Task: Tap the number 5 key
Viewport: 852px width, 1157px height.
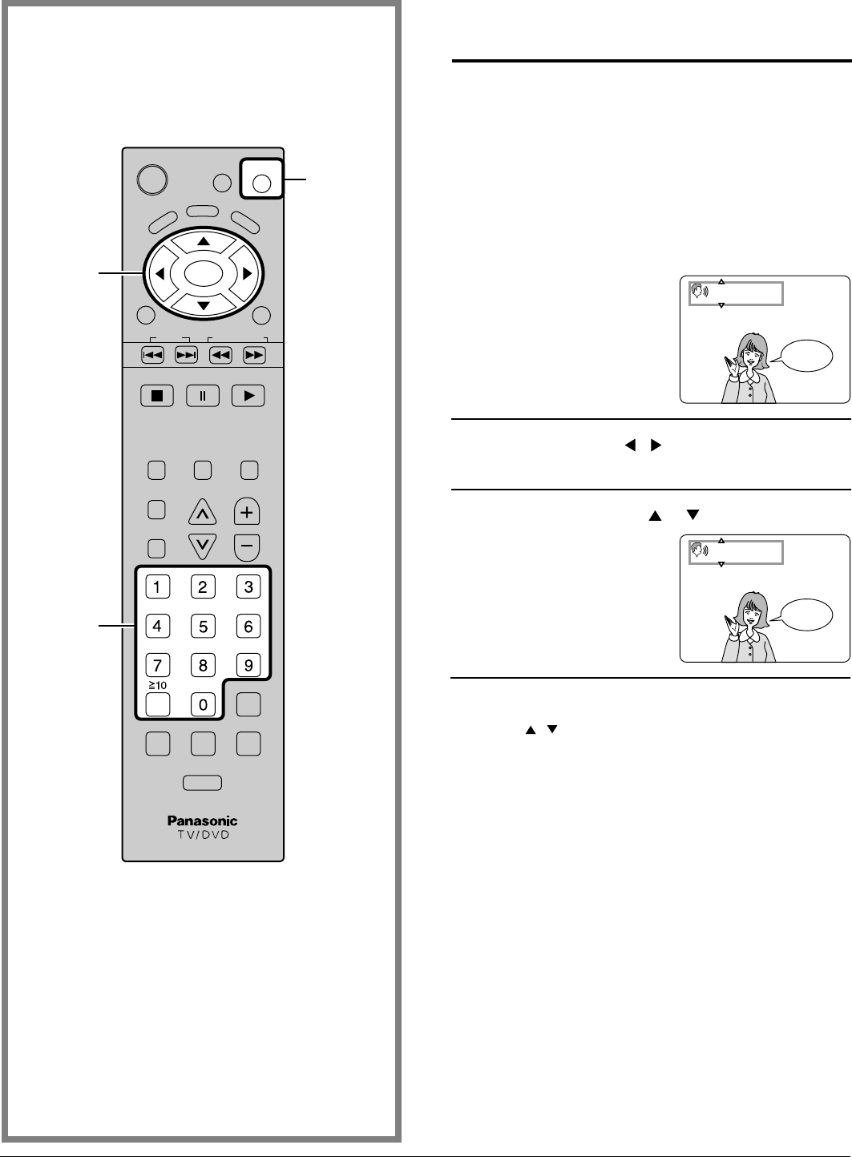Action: click(x=203, y=626)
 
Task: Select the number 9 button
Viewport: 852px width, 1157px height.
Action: click(x=248, y=664)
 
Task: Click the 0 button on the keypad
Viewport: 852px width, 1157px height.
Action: click(x=203, y=704)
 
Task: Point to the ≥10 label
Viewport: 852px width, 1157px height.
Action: click(x=156, y=686)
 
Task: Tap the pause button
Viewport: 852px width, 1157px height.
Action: click(x=203, y=396)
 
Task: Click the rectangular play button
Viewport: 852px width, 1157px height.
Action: click(x=248, y=396)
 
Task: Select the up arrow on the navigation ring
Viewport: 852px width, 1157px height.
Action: click(x=204, y=241)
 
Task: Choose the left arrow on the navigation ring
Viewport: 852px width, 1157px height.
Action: click(x=159, y=274)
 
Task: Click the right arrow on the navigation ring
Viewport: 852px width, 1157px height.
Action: click(x=248, y=274)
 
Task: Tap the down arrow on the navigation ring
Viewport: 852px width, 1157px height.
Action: click(x=204, y=306)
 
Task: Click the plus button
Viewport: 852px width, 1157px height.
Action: click(x=248, y=511)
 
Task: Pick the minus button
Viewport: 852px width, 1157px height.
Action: click(x=248, y=547)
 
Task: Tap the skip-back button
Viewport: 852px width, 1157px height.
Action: click(x=152, y=355)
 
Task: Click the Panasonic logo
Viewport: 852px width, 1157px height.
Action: click(x=203, y=820)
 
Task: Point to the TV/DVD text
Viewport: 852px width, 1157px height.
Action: click(x=203, y=834)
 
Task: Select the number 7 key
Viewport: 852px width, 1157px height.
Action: click(x=157, y=664)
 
